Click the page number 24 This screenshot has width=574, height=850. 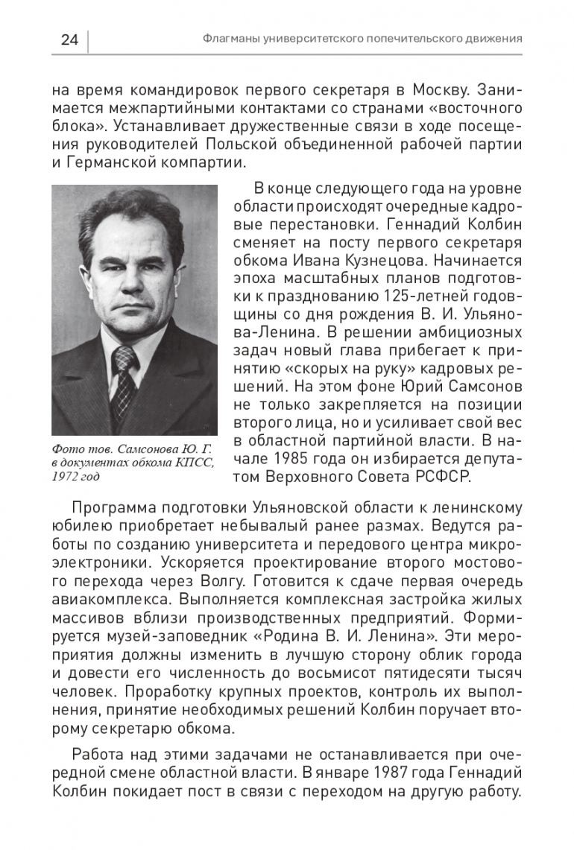(69, 40)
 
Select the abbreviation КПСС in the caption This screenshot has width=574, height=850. (196, 463)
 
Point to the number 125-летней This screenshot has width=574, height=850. (438, 295)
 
